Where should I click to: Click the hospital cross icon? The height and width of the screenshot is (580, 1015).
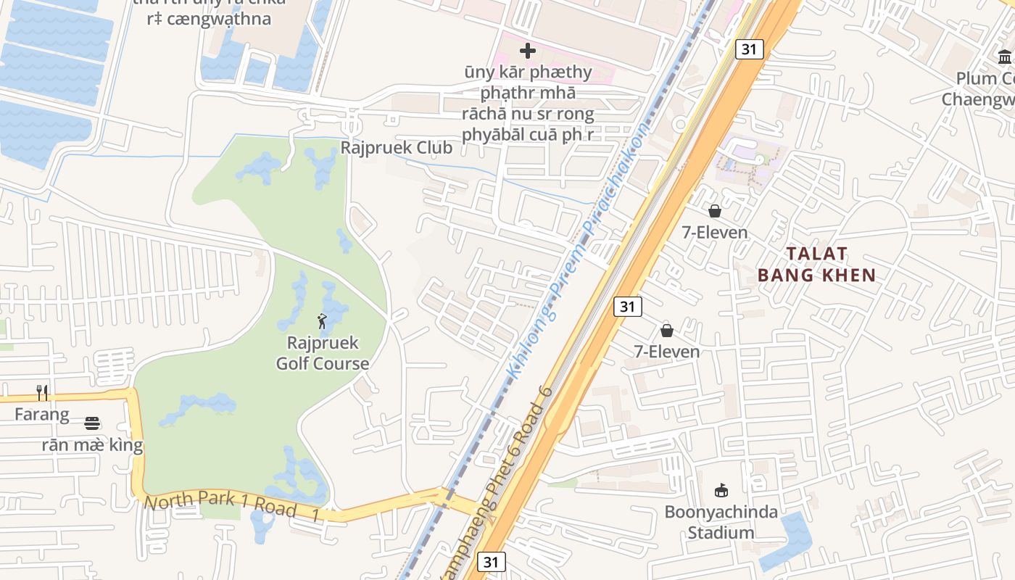[528, 51]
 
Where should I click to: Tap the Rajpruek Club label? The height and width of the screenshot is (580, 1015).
[397, 148]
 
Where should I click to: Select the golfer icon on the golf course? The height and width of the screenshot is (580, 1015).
[322, 320]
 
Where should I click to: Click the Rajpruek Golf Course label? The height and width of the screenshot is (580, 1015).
[323, 353]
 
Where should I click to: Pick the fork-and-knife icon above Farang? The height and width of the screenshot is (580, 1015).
[43, 393]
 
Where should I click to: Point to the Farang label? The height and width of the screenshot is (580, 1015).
[42, 415]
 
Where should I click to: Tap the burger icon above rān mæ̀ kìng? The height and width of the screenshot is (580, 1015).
[92, 423]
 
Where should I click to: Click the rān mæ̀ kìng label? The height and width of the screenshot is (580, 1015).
[92, 444]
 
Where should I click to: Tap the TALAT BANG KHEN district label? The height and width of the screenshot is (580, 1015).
[817, 264]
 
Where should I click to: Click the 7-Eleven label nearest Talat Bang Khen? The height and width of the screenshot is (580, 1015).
[715, 232]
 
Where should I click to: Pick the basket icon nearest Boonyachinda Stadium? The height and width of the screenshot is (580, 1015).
[667, 331]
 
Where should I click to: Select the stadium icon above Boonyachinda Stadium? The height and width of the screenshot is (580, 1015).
[721, 491]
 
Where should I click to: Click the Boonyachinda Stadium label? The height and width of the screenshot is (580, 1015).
[721, 522]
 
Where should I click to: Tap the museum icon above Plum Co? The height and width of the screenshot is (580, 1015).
[1005, 57]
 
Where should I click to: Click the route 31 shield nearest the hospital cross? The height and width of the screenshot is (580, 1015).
[749, 49]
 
